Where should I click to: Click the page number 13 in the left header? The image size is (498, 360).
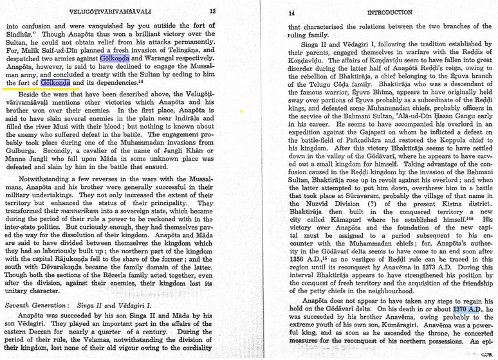[213, 11]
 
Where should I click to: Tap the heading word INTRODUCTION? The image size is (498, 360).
[389, 12]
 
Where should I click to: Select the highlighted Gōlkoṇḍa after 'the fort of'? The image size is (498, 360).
[55, 82]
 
